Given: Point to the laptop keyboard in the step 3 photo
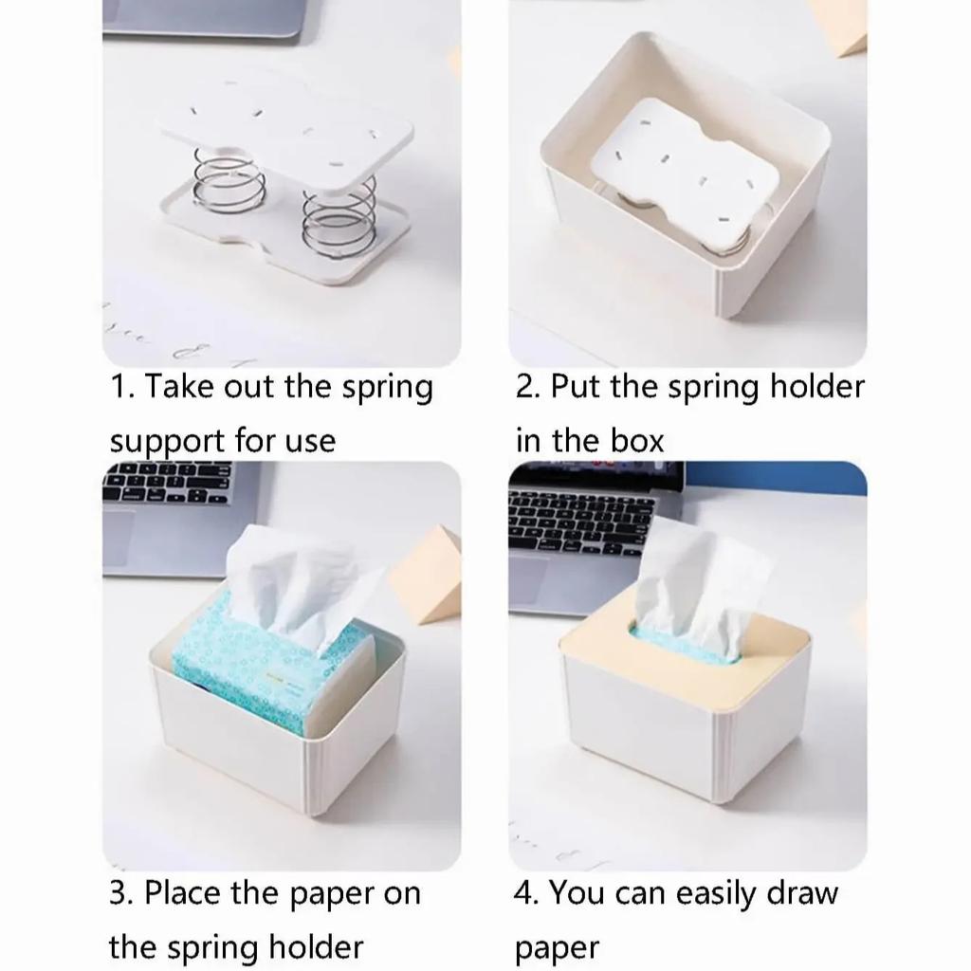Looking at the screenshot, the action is (167, 483).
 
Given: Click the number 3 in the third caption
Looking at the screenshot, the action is (118, 893).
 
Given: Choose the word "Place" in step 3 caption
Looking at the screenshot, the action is (182, 893).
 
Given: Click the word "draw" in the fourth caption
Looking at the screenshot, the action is (802, 893).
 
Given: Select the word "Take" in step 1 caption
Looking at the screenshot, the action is (179, 387).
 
